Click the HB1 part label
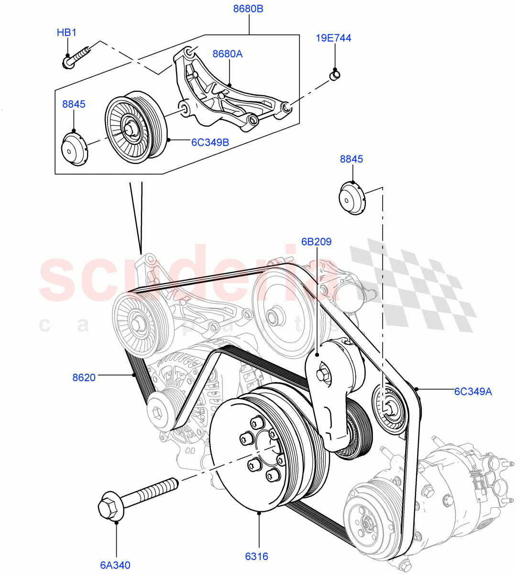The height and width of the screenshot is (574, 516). (x=66, y=33)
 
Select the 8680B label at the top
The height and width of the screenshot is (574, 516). (x=248, y=9)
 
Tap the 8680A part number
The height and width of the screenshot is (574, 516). (x=227, y=54)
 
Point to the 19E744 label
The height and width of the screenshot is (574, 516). (x=333, y=38)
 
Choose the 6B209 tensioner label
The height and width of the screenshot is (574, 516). (x=316, y=242)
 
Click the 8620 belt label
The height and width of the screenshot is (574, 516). (x=84, y=377)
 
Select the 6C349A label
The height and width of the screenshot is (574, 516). (x=472, y=392)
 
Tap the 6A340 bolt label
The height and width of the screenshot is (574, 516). (x=115, y=565)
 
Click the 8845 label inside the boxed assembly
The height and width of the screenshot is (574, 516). (x=74, y=104)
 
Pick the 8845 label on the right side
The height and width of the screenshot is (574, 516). (x=351, y=159)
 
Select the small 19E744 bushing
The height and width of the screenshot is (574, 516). (x=335, y=75)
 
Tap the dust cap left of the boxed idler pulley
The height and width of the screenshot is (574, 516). (x=74, y=150)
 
